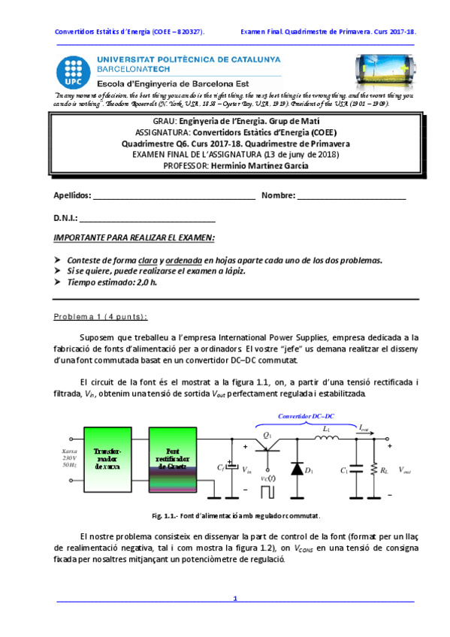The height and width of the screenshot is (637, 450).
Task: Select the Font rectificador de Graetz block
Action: tap(173, 459)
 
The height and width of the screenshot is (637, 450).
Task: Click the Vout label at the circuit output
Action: tap(405, 470)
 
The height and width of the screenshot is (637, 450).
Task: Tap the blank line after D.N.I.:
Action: tap(147, 219)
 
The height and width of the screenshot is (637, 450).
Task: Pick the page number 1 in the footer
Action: tap(235, 599)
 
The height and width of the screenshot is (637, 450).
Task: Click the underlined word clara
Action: tap(142, 260)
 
